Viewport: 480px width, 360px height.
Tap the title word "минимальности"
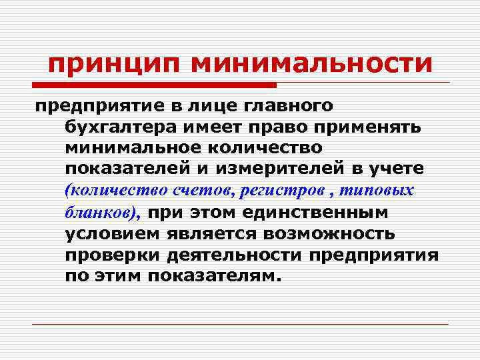311,65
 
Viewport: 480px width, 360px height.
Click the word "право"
300,127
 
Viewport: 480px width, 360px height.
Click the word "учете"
392,169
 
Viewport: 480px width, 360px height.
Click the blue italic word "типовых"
376,191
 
